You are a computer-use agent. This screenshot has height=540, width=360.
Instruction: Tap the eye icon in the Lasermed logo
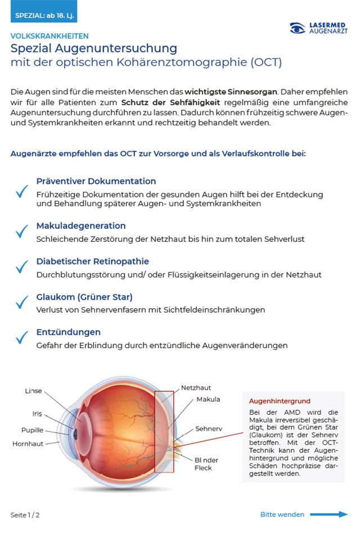[x=298, y=28]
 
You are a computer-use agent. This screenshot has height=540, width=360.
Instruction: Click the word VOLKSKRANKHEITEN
[x=49, y=36]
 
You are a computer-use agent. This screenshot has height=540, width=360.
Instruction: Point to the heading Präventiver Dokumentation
[x=96, y=182]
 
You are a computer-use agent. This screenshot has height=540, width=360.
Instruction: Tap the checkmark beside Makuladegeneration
[x=22, y=231]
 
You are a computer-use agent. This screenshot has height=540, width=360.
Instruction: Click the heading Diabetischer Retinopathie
[x=93, y=262]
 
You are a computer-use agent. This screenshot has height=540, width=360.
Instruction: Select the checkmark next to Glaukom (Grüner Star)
[x=22, y=303]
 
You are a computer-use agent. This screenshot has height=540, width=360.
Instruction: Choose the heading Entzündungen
[x=69, y=332]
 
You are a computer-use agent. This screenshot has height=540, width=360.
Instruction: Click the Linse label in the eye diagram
[x=33, y=391]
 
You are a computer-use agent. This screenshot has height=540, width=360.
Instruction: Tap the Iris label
[x=37, y=414]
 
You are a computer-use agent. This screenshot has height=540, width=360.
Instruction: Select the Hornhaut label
[x=28, y=444]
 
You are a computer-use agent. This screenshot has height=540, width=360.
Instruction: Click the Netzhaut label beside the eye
[x=196, y=388]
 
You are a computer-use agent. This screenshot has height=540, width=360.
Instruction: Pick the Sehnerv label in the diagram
[x=209, y=429]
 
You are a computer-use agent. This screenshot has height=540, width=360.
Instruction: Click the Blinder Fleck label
[x=206, y=463]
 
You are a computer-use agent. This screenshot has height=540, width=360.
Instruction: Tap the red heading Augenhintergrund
[x=280, y=401]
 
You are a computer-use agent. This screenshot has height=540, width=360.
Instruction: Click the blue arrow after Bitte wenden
[x=328, y=514]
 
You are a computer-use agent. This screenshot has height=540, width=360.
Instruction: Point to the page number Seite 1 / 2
[x=25, y=515]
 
